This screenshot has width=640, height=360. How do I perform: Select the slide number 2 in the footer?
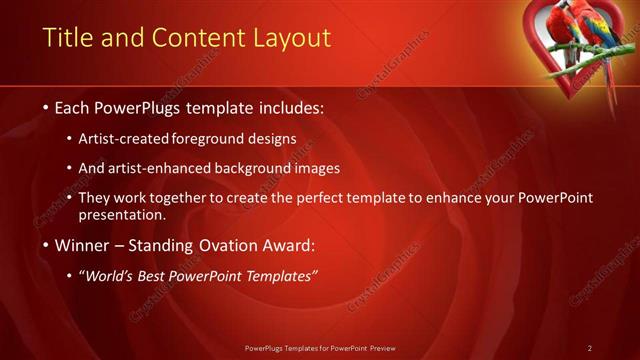[590, 347]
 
